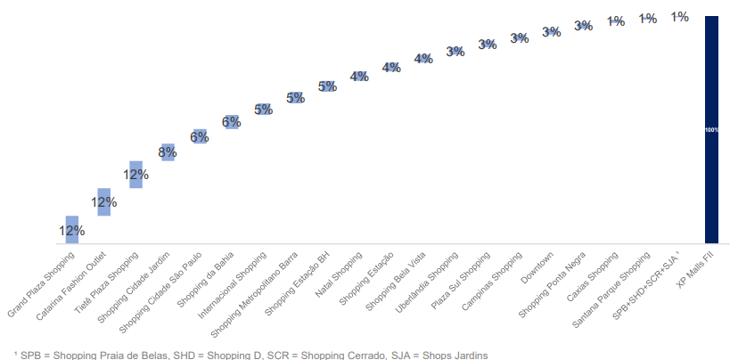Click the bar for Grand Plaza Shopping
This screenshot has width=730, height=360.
click(x=71, y=229)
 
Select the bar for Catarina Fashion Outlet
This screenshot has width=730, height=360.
click(x=103, y=202)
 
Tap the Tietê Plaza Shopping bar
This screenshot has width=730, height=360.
click(x=135, y=175)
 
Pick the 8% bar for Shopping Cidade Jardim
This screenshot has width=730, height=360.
click(x=168, y=152)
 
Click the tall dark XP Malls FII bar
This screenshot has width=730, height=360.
click(x=711, y=129)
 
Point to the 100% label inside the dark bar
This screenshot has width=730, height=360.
click(x=711, y=130)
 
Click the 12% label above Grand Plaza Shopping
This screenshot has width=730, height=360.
click(x=71, y=231)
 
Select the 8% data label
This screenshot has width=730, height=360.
click(x=168, y=152)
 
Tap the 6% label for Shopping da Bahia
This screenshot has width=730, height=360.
click(x=232, y=122)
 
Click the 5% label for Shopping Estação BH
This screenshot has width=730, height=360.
click(x=327, y=86)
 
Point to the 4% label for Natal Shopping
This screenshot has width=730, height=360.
click(x=359, y=77)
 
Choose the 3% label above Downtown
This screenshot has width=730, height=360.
click(x=551, y=32)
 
